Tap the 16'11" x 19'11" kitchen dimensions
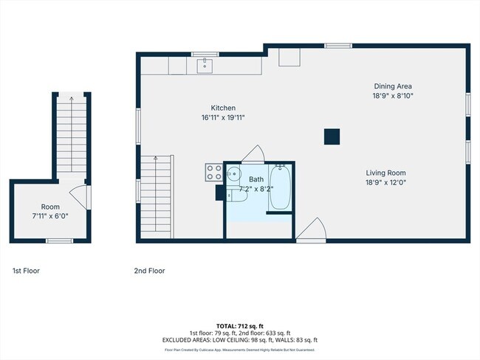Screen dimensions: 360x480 tap(222, 117)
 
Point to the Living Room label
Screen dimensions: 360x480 tap(386, 173)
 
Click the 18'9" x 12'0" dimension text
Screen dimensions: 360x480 tap(386, 182)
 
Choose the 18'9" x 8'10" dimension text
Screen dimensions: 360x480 tap(392, 95)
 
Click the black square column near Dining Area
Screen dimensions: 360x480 tap(332, 136)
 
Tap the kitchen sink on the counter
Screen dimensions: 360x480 tap(205, 66)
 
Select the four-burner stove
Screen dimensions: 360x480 tap(214, 173)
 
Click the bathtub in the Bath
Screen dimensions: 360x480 tap(281, 187)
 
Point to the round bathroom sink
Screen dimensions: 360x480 tap(233, 175)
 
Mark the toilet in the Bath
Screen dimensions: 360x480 tap(238, 195)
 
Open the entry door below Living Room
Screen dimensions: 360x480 tap(310, 229)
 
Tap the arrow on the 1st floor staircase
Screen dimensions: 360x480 tap(71, 99)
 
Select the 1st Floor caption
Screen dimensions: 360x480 tap(26, 271)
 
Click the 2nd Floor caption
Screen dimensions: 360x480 tap(149, 271)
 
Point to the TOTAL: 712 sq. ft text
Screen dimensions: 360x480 tap(240, 326)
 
